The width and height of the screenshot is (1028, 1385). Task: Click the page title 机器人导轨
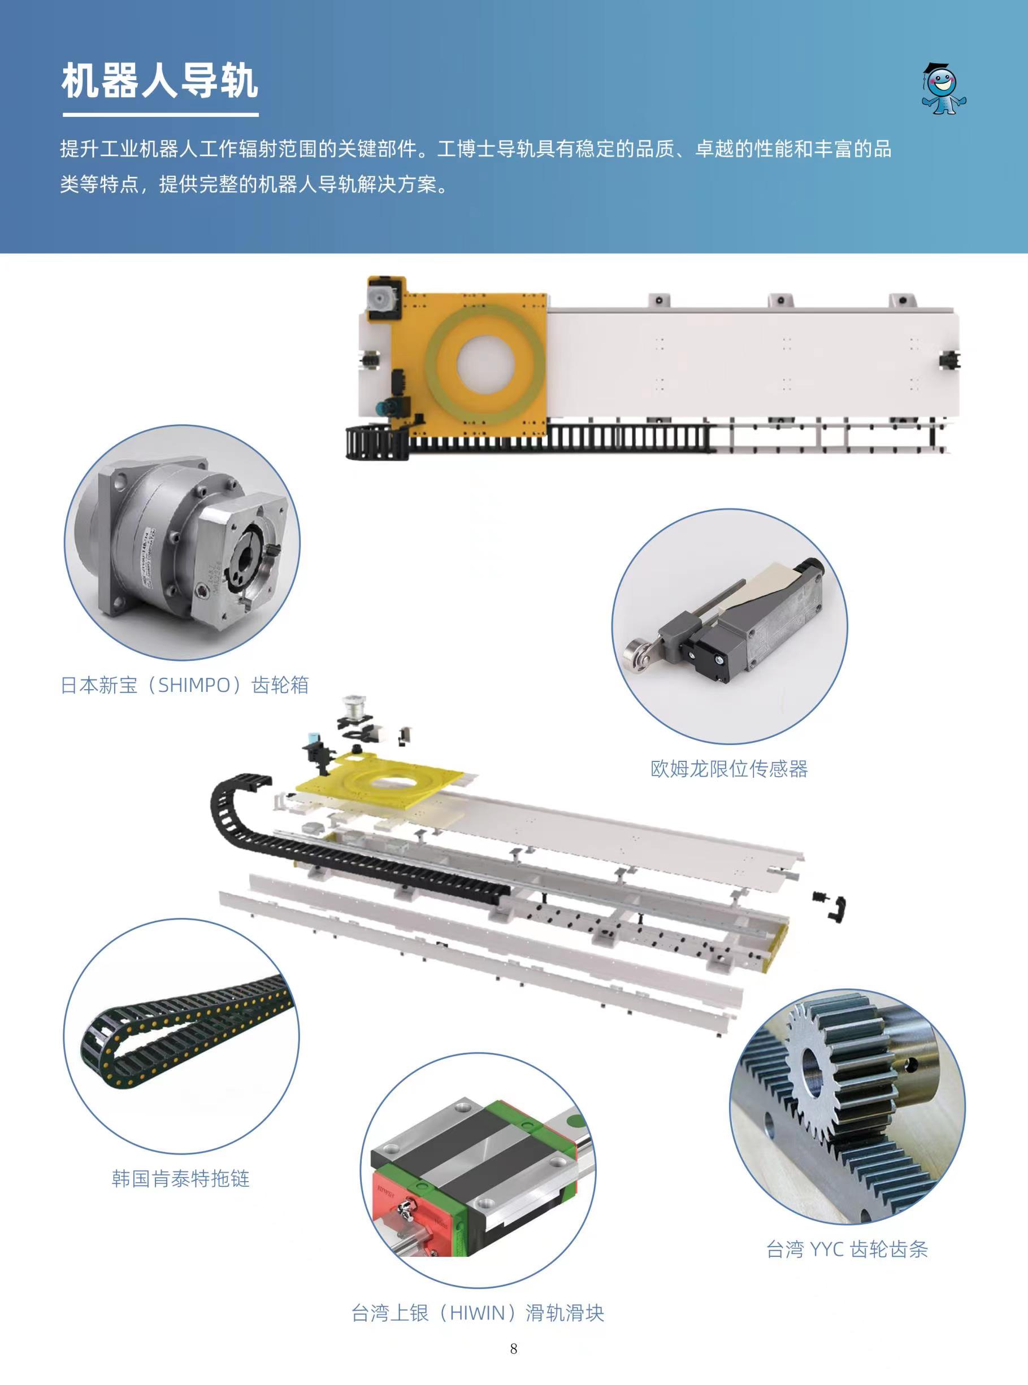pyautogui.click(x=160, y=81)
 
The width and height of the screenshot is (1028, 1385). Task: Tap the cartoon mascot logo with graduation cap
pyautogui.click(x=943, y=88)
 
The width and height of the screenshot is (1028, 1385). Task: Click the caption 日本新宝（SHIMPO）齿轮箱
pyautogui.click(x=185, y=685)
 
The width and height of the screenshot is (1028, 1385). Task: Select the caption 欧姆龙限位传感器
pyautogui.click(x=729, y=769)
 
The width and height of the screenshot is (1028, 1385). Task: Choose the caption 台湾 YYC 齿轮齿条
pyautogui.click(x=847, y=1249)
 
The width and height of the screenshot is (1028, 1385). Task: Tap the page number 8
pyautogui.click(x=513, y=1349)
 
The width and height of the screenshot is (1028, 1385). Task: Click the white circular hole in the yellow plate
pyautogui.click(x=485, y=362)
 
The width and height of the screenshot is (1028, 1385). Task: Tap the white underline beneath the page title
pyautogui.click(x=161, y=115)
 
